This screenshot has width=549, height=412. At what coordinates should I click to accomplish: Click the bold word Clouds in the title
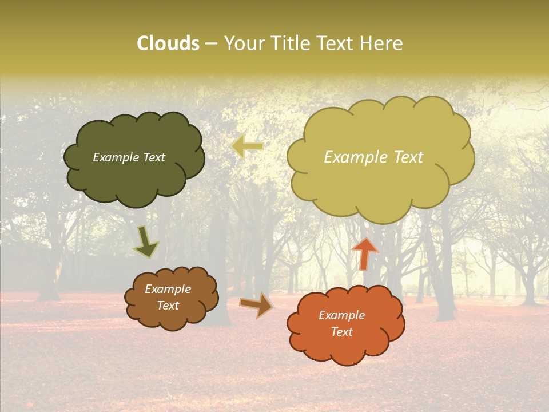tap(168, 43)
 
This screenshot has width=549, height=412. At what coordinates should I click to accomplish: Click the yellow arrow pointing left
tap(248, 146)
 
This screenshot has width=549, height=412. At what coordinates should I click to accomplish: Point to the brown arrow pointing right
tap(256, 304)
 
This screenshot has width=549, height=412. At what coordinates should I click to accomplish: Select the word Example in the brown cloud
tap(168, 289)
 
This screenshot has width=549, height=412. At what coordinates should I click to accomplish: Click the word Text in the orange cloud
tap(341, 332)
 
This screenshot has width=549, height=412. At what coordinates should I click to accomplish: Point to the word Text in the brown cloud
tap(168, 306)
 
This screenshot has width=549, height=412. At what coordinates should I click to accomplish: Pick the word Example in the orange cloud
tap(341, 315)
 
